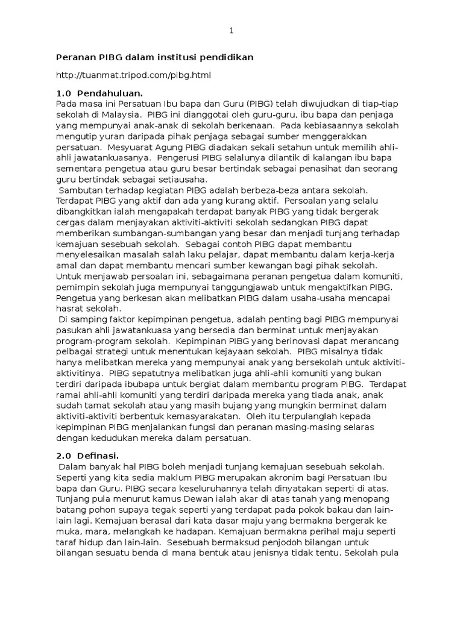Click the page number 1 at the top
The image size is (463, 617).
pyautogui.click(x=231, y=31)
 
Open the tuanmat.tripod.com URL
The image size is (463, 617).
pyautogui.click(x=133, y=75)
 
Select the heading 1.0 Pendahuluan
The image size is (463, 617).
pyautogui.click(x=99, y=93)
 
